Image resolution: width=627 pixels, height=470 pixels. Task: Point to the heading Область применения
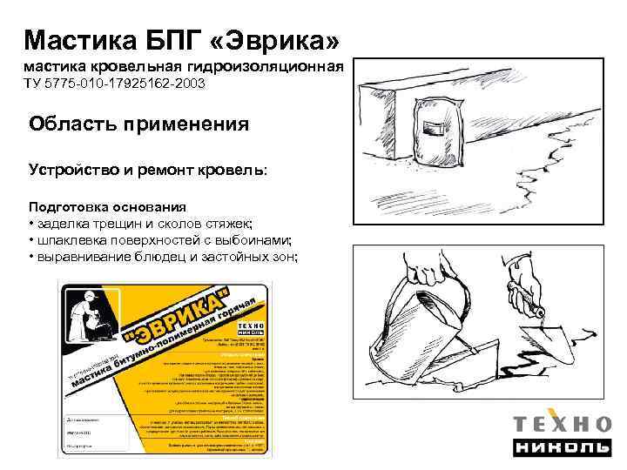pos(138,124)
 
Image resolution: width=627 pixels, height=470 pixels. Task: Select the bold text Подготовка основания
pos(107,207)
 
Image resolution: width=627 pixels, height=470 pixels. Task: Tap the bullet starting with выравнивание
pos(164,256)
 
